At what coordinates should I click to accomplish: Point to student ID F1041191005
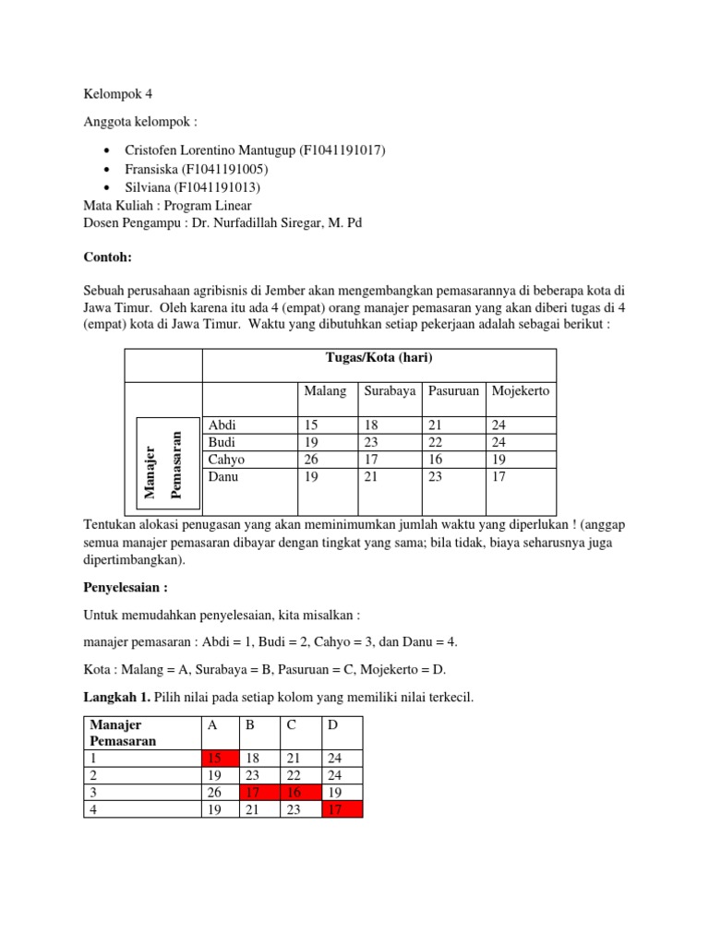click(x=236, y=169)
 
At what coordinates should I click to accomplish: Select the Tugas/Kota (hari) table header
click(x=379, y=358)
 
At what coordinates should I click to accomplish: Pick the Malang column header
click(x=325, y=391)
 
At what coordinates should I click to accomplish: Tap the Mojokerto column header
click(x=522, y=391)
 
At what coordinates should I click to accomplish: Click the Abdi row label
click(x=222, y=425)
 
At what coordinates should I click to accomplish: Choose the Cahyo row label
click(x=227, y=460)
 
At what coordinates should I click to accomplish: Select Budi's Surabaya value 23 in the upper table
click(x=371, y=442)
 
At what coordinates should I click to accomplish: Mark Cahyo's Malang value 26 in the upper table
click(x=311, y=460)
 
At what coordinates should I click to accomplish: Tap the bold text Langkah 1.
click(x=116, y=698)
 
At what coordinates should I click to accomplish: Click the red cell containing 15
click(x=221, y=759)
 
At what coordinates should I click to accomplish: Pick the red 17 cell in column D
click(x=342, y=810)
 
